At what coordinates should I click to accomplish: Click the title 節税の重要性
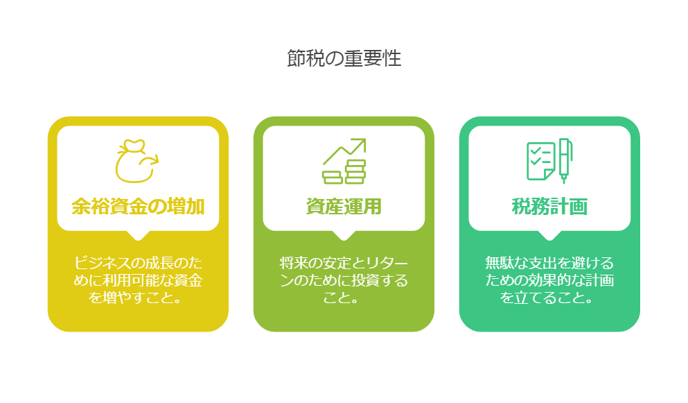click(344, 58)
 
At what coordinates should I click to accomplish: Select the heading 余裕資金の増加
click(138, 207)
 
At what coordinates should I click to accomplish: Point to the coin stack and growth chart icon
click(344, 161)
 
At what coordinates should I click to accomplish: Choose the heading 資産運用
click(344, 207)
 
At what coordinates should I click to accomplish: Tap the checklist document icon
click(540, 161)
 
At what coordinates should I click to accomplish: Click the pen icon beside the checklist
click(565, 160)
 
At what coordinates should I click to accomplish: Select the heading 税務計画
click(550, 207)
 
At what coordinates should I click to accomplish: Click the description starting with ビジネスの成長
click(138, 280)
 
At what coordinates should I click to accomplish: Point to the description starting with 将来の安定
click(344, 280)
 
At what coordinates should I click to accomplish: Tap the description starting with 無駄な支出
click(550, 280)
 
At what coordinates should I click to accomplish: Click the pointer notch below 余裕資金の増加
click(138, 236)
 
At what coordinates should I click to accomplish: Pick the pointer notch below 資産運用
click(344, 236)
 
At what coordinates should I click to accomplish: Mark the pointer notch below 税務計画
click(550, 236)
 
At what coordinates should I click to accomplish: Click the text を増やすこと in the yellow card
click(131, 298)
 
